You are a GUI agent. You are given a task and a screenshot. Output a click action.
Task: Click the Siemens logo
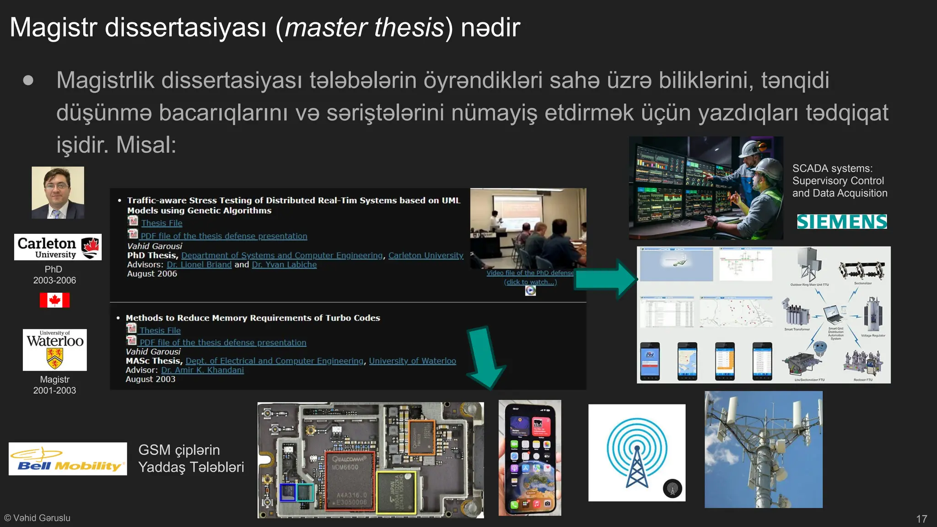[842, 222]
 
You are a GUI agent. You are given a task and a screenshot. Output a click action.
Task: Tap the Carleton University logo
[58, 247]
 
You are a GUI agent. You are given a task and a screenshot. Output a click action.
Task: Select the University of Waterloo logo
[55, 350]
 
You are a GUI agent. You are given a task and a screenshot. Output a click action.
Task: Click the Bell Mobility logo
[68, 459]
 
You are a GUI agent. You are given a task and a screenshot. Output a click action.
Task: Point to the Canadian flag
[54, 300]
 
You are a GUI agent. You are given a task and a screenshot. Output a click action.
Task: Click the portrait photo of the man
[58, 193]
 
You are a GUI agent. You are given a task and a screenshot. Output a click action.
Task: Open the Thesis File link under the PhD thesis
[162, 223]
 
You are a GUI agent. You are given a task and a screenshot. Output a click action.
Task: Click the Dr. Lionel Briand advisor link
[199, 264]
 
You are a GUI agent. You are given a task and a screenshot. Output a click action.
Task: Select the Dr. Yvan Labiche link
[284, 264]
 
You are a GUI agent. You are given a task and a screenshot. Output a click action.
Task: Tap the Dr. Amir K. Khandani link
[202, 370]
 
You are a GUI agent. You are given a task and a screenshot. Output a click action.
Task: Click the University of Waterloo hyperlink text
[412, 361]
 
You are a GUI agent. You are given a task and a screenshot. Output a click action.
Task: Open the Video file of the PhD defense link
[530, 273]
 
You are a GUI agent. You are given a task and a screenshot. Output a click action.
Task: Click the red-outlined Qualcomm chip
[350, 480]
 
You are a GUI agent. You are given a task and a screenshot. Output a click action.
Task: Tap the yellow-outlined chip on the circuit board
[396, 493]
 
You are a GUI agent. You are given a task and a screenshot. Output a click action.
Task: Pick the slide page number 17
[921, 519]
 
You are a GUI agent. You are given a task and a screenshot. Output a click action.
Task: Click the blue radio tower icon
[636, 453]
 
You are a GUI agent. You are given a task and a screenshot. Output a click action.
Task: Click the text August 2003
[151, 379]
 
